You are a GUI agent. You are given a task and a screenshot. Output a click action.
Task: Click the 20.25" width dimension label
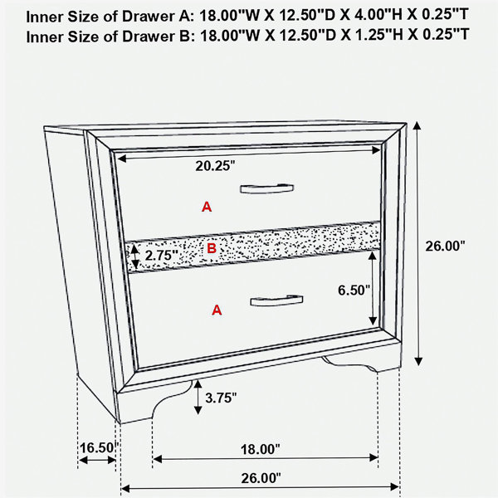pos(215,166)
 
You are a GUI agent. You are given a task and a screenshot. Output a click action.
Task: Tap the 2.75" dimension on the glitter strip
pos(161,255)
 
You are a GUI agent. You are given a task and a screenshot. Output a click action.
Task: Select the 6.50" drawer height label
pos(354,290)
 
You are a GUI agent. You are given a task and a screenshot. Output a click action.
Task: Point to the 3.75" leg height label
pos(221,398)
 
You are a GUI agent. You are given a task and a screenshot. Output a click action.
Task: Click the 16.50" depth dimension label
pos(99,448)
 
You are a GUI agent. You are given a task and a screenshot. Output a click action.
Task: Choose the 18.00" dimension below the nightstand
pos(261,449)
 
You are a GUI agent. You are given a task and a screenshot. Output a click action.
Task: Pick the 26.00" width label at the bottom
pos(261,478)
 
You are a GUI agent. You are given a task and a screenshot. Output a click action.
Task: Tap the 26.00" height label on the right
pos(445,247)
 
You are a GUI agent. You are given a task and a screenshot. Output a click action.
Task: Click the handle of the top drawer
pos(266,188)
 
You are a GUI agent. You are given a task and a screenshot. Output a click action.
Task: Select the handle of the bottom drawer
pos(276,300)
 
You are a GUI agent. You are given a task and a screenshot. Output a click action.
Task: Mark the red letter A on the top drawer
pos(207,207)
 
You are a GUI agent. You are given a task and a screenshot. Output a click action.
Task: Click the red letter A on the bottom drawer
pos(217,310)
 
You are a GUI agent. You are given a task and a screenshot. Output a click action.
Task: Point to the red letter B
pos(212,248)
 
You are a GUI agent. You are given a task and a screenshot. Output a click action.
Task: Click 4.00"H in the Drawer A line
pos(377,15)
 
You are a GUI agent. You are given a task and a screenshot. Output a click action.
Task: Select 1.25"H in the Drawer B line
pos(377,35)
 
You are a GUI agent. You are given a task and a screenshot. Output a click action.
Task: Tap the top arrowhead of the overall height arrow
pos(417,126)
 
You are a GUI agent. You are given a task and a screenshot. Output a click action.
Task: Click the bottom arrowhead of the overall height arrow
pos(418,361)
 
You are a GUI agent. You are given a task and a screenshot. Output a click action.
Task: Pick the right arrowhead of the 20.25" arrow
pos(376,150)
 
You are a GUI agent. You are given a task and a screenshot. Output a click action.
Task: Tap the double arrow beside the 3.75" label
pos(198,397)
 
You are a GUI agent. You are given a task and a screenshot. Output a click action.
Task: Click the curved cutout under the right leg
pos(349,364)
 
